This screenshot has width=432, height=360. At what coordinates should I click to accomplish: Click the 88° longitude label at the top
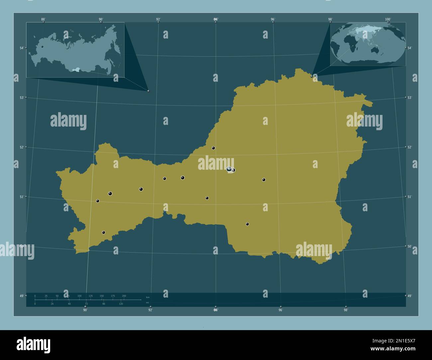click(x=43, y=19)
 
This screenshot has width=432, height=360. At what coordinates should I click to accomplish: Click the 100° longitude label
click(x=388, y=19)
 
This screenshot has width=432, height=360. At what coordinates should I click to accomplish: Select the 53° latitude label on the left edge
click(x=21, y=98)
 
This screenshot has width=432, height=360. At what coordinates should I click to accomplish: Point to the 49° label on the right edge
click(x=410, y=296)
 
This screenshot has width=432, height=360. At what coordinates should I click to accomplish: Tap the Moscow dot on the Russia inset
click(x=42, y=47)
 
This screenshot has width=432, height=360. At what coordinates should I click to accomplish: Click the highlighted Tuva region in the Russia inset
click(x=76, y=70)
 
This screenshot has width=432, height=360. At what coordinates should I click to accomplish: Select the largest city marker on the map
click(x=229, y=169)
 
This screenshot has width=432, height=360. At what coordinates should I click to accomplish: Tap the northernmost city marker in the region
click(x=213, y=148)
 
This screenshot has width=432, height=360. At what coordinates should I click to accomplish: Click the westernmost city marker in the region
click(x=98, y=201)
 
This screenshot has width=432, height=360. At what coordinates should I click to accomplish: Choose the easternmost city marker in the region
click(x=264, y=180)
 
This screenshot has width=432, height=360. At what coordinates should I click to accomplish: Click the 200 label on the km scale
click(x=124, y=296)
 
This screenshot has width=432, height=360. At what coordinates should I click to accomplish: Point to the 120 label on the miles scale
click(x=121, y=304)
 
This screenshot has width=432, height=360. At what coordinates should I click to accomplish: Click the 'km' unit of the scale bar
click(x=148, y=297)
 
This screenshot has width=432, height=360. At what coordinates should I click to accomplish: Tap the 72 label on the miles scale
click(x=86, y=304)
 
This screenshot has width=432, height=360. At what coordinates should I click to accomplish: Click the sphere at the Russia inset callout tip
click(x=148, y=91)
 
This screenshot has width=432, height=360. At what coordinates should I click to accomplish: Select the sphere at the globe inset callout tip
click(x=312, y=76)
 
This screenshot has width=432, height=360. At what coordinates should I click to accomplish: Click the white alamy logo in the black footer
click(x=33, y=345)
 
